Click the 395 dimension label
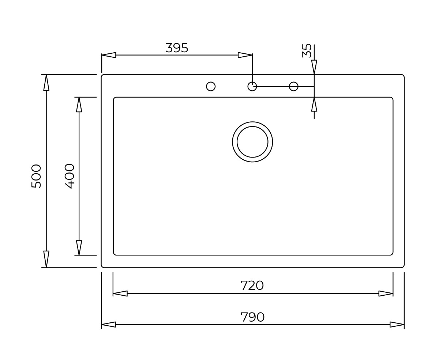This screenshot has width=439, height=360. (177, 48)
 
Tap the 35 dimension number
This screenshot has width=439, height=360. (307, 50)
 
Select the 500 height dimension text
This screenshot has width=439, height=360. (36, 176)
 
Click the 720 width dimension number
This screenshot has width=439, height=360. (252, 285)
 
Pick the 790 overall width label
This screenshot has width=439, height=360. (252, 317)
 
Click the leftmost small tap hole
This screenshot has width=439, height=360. (211, 86)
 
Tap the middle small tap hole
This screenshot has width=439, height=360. (252, 86)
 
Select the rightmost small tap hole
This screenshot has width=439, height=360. (293, 86)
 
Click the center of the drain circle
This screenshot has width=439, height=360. (252, 142)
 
